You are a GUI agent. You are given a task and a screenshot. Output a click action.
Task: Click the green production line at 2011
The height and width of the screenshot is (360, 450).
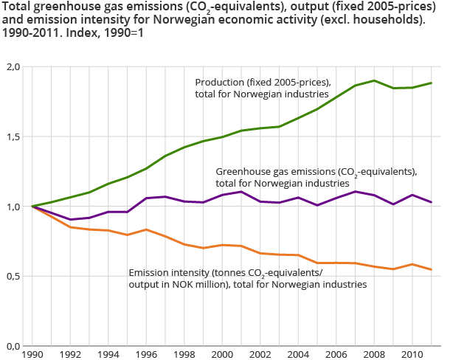pos(432,83)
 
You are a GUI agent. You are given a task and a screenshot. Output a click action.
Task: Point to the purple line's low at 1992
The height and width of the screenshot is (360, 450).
pos(71,219)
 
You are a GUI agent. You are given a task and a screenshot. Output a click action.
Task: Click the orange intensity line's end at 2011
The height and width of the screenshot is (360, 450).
pos(432,269)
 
